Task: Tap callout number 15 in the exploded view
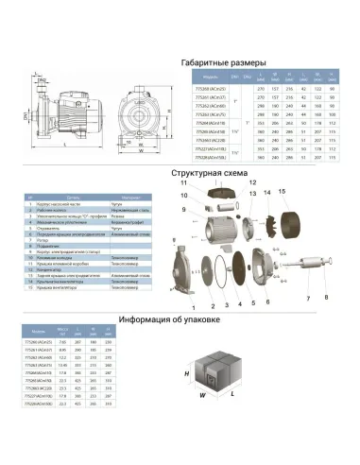282,192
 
